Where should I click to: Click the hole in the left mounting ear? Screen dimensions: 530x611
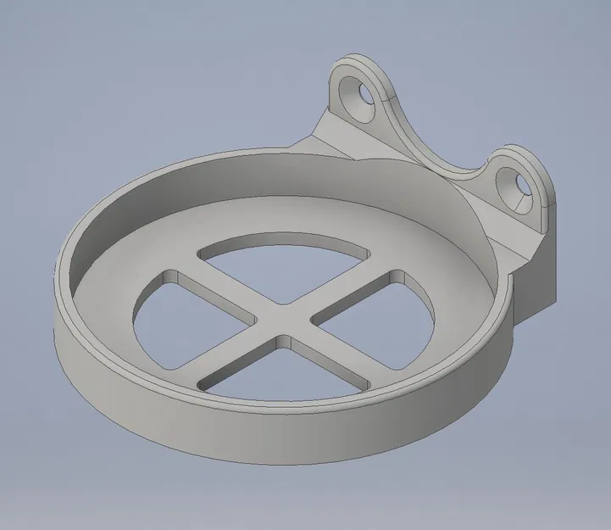(x=366, y=96)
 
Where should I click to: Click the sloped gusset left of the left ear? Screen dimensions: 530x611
(x=326, y=136)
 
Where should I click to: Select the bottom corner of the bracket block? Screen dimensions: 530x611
(x=518, y=321)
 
